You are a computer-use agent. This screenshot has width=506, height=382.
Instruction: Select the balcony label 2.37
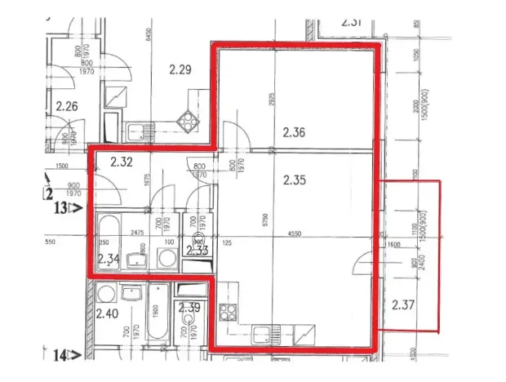coord(402,306)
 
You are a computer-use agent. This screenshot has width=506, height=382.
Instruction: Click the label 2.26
coord(66,105)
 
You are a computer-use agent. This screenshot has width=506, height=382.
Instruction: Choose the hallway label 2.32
coord(121,162)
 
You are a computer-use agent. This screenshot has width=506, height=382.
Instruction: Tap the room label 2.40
coord(107,313)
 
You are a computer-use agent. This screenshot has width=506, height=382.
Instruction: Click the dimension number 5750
coord(264,219)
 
